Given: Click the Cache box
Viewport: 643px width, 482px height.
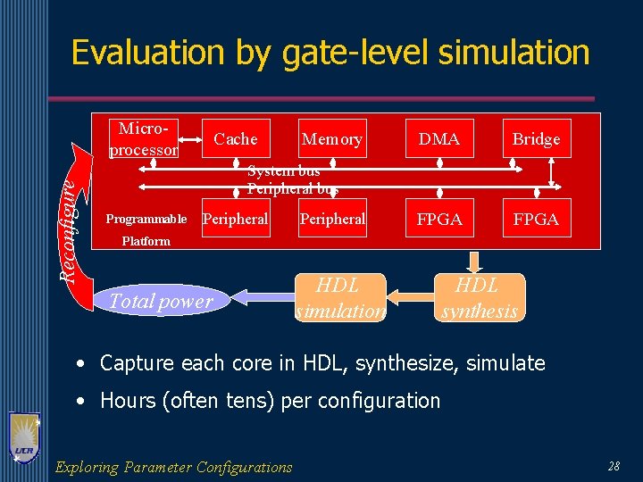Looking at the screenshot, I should click(x=236, y=138).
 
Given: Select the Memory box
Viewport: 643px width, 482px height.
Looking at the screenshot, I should click(x=332, y=138).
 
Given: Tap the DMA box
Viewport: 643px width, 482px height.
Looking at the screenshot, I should click(x=439, y=138).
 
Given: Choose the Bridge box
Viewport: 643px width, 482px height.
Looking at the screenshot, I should click(x=536, y=138).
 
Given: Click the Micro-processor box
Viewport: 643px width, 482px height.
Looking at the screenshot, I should click(x=143, y=138).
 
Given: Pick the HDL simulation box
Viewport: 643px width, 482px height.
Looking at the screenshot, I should click(x=339, y=297).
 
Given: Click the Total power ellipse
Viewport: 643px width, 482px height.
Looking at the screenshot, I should click(x=161, y=302).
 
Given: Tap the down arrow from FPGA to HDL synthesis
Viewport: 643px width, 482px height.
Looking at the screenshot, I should click(x=475, y=261).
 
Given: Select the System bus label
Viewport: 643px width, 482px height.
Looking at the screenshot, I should click(x=284, y=170).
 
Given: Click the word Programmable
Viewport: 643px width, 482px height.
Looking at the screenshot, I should click(x=146, y=220).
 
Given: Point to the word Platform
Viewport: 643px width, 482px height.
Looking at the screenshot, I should click(x=146, y=241).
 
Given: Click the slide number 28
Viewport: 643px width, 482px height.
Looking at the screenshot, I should click(x=614, y=466).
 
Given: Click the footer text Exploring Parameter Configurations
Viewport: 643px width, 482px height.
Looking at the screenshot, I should click(x=173, y=467).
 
